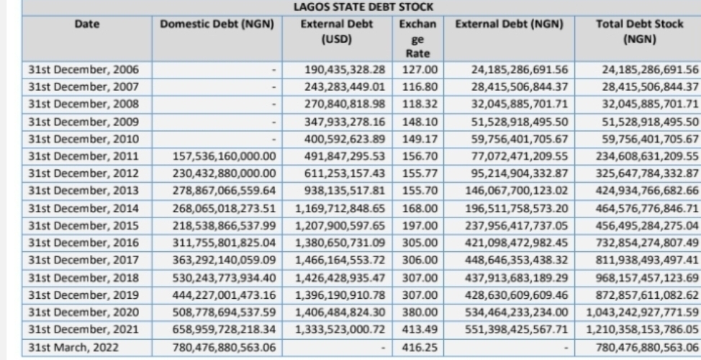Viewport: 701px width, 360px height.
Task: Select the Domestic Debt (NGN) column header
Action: click(x=217, y=24)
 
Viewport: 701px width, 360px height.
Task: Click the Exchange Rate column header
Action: click(x=413, y=38)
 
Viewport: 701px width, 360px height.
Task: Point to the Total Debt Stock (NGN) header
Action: click(x=640, y=30)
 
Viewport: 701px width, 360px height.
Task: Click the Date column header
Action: click(x=86, y=24)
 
